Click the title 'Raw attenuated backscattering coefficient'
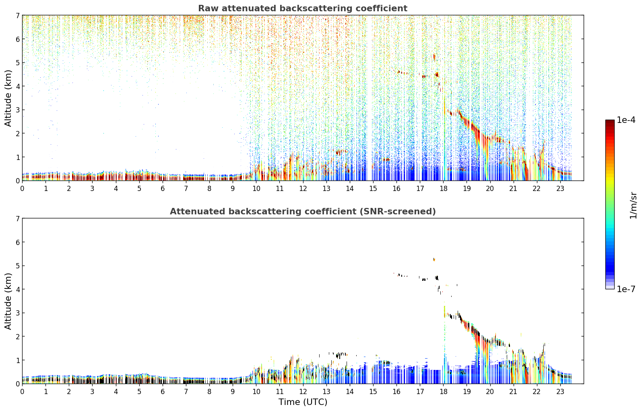point(303,8)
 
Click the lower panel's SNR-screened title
point(303,212)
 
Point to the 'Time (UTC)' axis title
point(303,402)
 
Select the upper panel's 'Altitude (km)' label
point(8,98)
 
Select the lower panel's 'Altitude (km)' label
point(8,301)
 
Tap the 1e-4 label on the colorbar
point(626,120)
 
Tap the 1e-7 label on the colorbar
point(626,289)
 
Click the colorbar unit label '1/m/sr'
point(633,205)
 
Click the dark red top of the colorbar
point(610,122)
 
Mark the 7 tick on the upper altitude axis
point(17,15)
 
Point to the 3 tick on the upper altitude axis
point(17,110)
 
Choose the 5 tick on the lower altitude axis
point(17,266)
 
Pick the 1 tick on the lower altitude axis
point(17,360)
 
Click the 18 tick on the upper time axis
point(444,189)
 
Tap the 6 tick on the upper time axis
point(163,189)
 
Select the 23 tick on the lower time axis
point(560,392)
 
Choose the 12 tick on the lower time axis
point(303,392)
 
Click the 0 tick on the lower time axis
point(23,392)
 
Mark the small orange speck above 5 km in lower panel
point(434,260)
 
